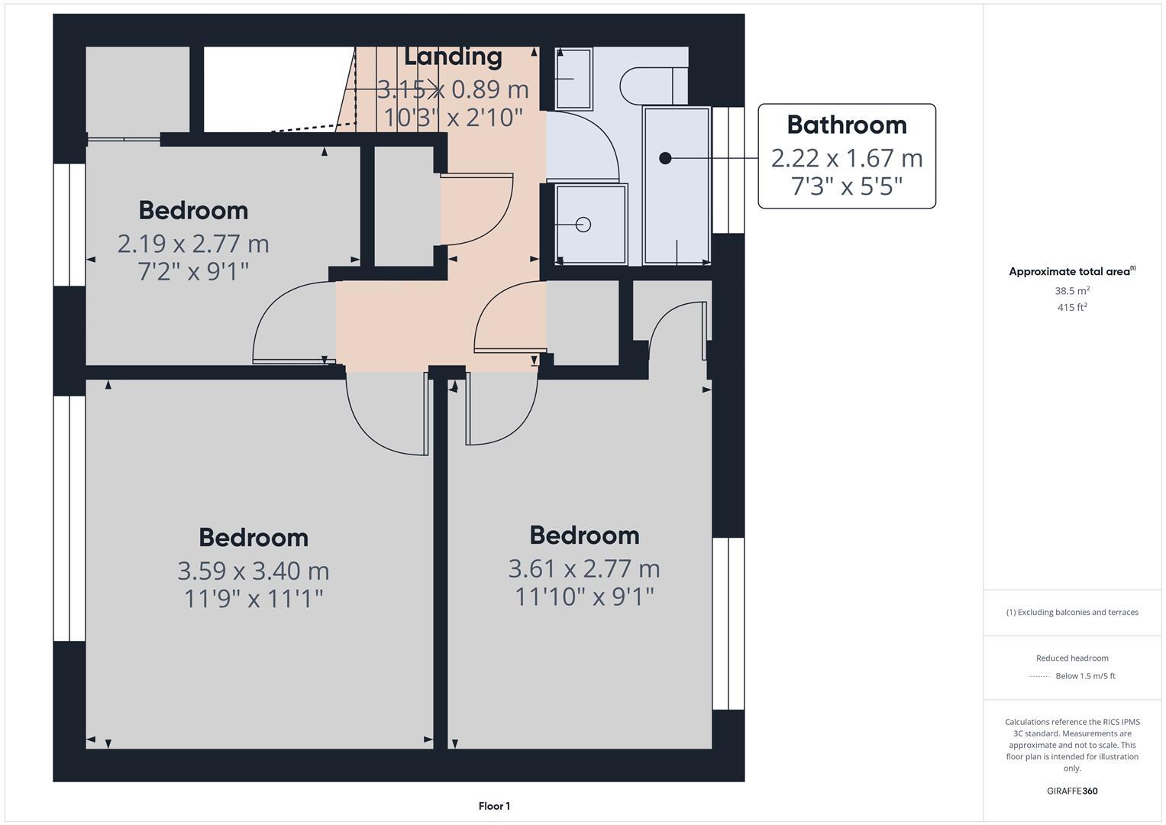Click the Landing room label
(453, 56)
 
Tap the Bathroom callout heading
(847, 125)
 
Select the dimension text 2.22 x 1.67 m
(847, 158)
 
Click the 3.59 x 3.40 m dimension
(254, 571)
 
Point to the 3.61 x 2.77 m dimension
(584, 568)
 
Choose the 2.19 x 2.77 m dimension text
(193, 244)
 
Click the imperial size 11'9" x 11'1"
(254, 598)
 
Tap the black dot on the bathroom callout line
(665, 158)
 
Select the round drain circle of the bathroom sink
(583, 225)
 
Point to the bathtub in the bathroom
(677, 186)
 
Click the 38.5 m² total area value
(1072, 291)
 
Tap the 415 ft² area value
(1072, 308)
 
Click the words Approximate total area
(1069, 272)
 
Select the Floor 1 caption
(494, 806)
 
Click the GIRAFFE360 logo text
(1072, 791)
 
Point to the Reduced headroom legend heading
(1072, 658)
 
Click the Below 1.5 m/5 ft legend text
(1085, 676)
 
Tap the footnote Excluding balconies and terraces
(1072, 613)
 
